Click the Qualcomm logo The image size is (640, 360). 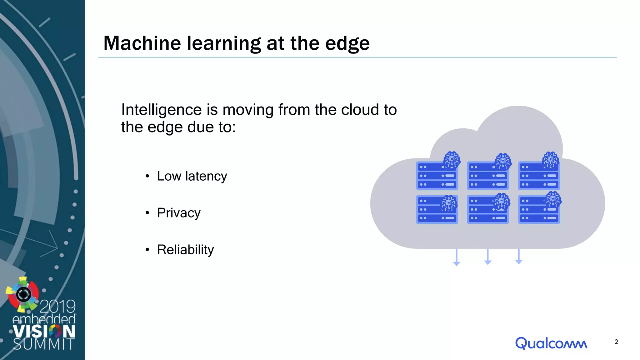(x=551, y=343)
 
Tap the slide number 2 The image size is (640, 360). (x=616, y=342)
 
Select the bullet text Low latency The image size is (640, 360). (x=192, y=176)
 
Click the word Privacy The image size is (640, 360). (x=179, y=213)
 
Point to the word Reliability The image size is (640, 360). (x=185, y=250)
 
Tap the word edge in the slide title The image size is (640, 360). (x=347, y=44)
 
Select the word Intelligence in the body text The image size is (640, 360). (x=162, y=110)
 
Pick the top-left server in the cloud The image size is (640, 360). (x=437, y=176)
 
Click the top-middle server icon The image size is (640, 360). (x=487, y=176)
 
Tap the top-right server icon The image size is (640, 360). (x=539, y=176)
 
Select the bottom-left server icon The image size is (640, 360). (x=437, y=209)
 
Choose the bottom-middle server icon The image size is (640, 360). (x=487, y=209)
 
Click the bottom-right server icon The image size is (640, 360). (x=539, y=209)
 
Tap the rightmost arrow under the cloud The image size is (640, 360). (x=519, y=257)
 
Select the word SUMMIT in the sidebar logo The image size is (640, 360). (x=44, y=344)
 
